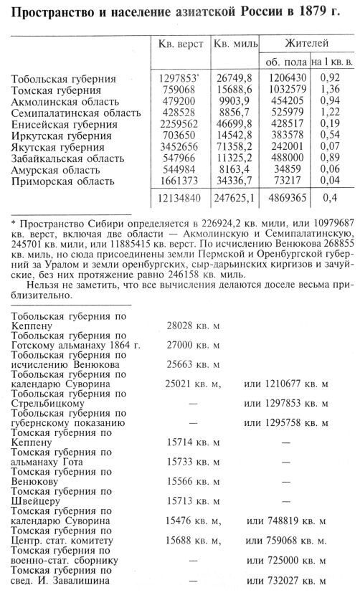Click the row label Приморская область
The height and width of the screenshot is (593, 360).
(x=60, y=183)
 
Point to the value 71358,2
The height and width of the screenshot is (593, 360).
(x=235, y=148)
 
